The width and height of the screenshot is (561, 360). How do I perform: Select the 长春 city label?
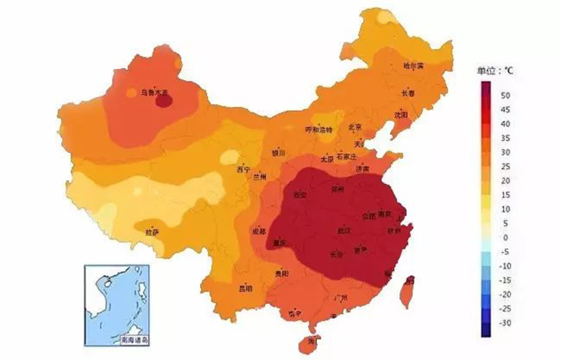pos(407,93)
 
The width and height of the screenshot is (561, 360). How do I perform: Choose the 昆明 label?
pos(245,288)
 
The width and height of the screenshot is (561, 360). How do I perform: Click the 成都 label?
pos(259,232)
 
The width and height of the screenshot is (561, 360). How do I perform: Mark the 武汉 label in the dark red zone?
pos(344,230)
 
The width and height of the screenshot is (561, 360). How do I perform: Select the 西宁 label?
pos(243,169)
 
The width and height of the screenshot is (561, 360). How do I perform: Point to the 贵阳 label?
pos(282,273)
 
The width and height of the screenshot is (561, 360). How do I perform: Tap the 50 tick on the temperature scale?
pos(506,95)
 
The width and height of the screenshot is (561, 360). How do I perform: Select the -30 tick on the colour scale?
pos(506,323)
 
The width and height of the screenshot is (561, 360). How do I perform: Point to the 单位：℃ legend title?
pos(496,71)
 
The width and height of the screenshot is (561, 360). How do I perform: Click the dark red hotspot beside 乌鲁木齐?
pos(163,101)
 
